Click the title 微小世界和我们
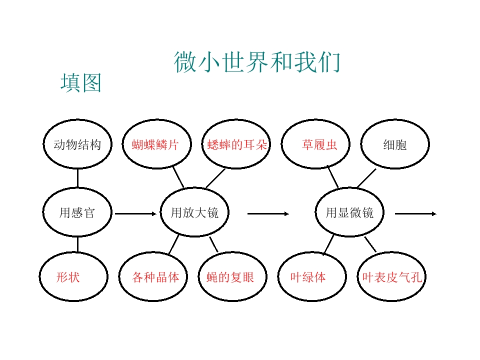point(257,62)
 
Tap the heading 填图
point(81,82)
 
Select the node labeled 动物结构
point(77,144)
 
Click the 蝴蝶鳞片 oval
point(156,144)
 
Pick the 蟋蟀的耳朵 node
point(236,144)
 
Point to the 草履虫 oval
point(315,144)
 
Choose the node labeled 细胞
point(395,144)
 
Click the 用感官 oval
point(77,212)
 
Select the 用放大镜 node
point(194,212)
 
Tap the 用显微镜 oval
point(349,212)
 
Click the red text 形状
point(68,277)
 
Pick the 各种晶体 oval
point(153,276)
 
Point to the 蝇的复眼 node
point(232,276)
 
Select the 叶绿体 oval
point(312,276)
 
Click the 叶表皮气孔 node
point(391,276)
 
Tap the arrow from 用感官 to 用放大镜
point(135,213)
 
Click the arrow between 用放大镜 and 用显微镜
point(268,213)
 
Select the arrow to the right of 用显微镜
point(415,213)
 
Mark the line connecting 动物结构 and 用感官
point(77,178)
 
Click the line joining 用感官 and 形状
point(77,244)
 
